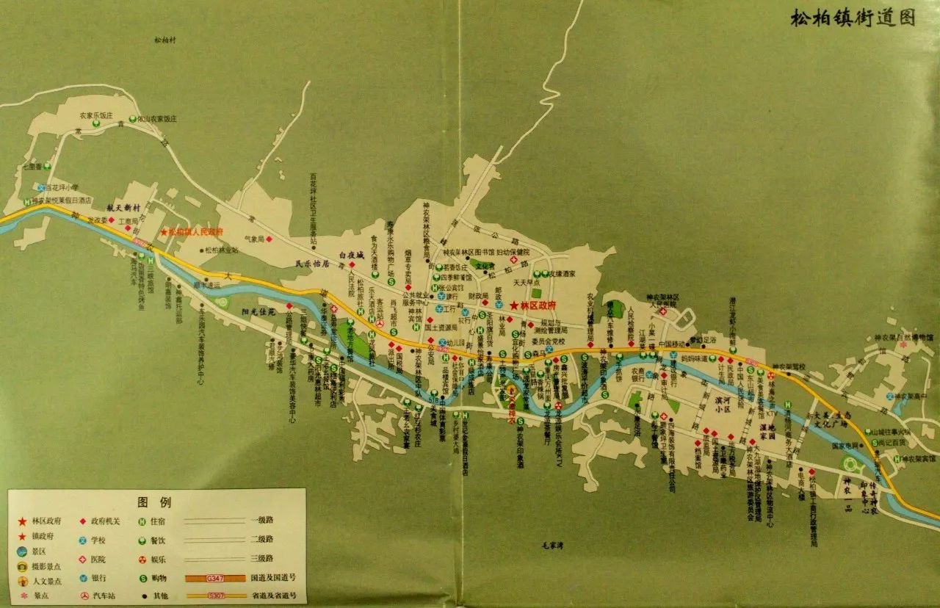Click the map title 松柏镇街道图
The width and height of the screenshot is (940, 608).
tap(853, 18)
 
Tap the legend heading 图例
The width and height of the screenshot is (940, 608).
tap(153, 503)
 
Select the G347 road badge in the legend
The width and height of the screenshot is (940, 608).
tap(215, 578)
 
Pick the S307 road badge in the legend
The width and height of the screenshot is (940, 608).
tap(215, 596)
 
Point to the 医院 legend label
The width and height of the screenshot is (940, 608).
tap(101, 558)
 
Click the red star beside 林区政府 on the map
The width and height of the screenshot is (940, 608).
tap(513, 305)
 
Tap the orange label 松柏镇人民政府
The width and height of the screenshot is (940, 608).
tap(195, 232)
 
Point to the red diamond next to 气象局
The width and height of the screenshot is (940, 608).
tap(270, 239)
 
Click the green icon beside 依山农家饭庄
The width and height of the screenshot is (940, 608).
tap(131, 117)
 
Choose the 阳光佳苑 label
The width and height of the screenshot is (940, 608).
tap(258, 312)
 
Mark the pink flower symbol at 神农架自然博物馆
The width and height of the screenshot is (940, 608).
tap(903, 344)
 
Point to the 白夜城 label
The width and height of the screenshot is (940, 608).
tap(351, 255)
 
